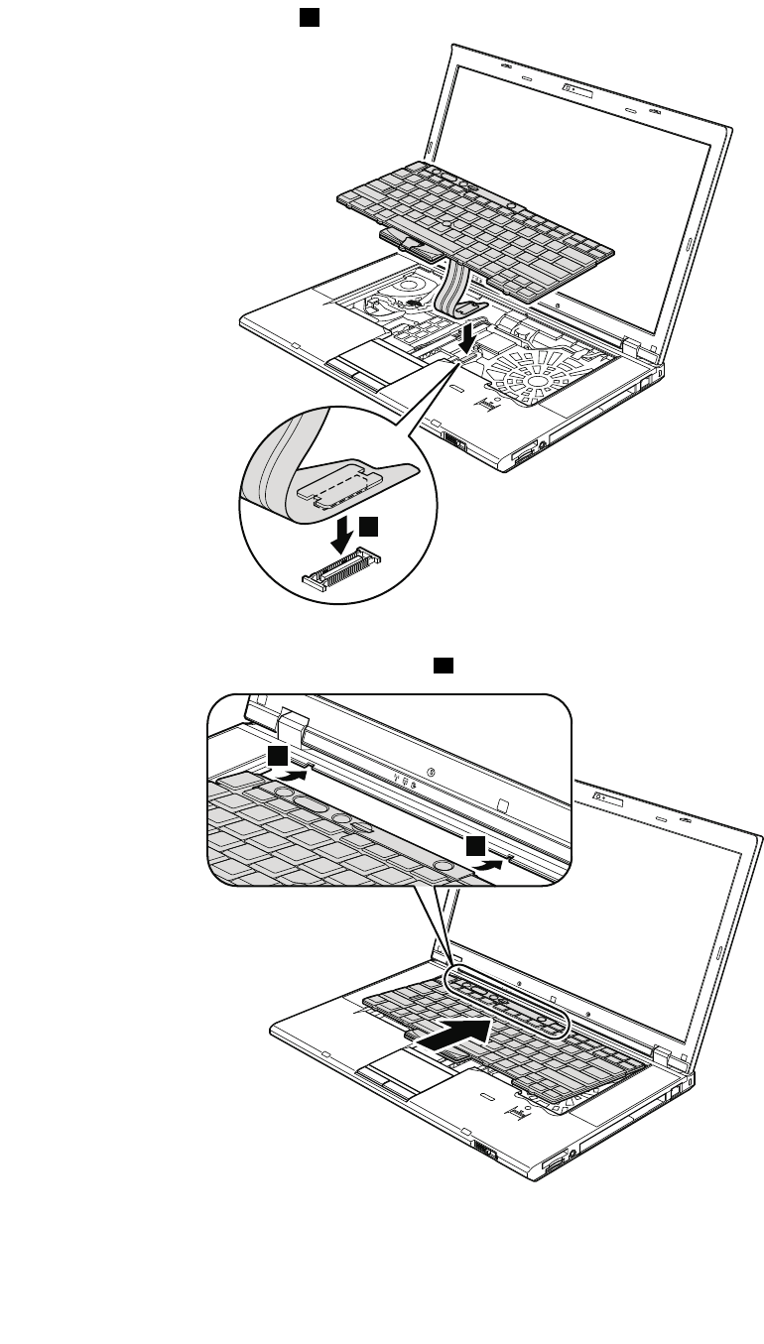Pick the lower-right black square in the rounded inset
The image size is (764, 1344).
(x=477, y=844)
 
